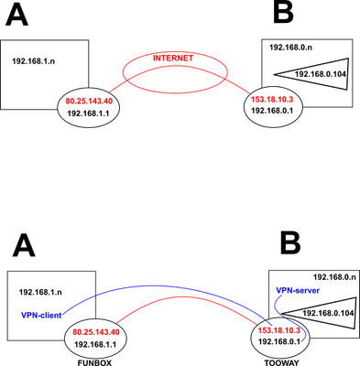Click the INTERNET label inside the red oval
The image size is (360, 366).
point(172,59)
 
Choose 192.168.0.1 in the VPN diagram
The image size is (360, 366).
point(279,340)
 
